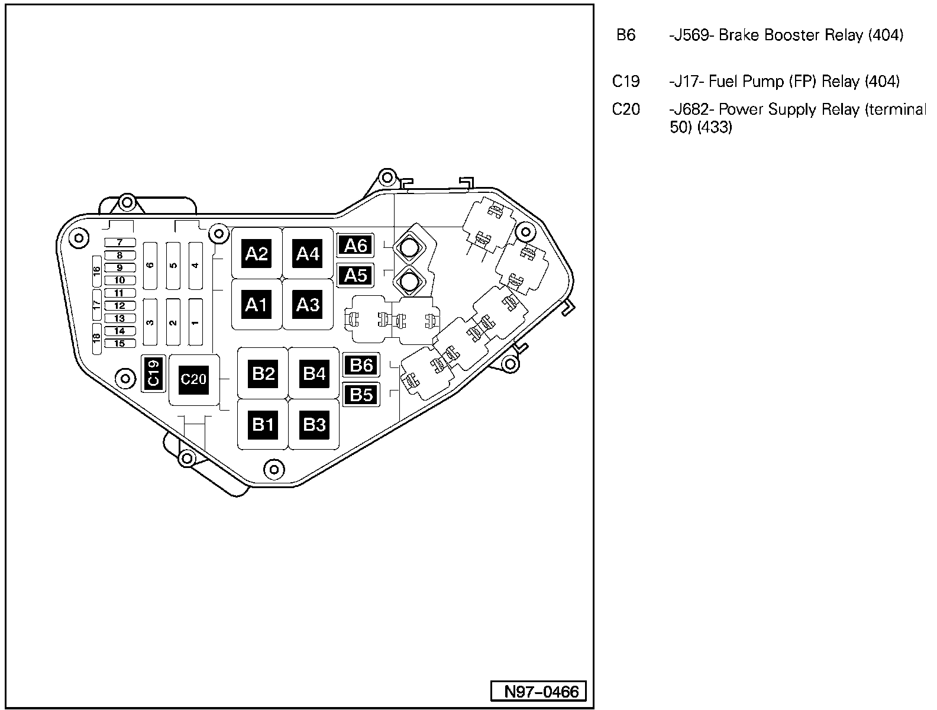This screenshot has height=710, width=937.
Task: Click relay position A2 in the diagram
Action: pyautogui.click(x=257, y=254)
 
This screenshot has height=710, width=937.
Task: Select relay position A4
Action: pyautogui.click(x=308, y=254)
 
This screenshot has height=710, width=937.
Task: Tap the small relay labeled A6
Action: pyautogui.click(x=356, y=245)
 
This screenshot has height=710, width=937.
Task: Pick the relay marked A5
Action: pyautogui.click(x=356, y=275)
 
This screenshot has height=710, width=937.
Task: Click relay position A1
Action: pyautogui.click(x=257, y=305)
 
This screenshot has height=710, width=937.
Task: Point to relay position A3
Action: pyautogui.click(x=308, y=305)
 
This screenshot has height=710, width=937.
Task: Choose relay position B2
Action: pyautogui.click(x=263, y=373)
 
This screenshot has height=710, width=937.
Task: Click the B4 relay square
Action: pyautogui.click(x=314, y=373)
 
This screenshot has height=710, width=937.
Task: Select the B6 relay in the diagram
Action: pyautogui.click(x=361, y=365)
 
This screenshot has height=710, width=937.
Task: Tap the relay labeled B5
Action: pyautogui.click(x=361, y=394)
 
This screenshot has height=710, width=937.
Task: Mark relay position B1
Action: pyautogui.click(x=263, y=424)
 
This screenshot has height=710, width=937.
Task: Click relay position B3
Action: pyautogui.click(x=314, y=424)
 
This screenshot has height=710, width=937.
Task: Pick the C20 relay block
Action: pyautogui.click(x=193, y=379)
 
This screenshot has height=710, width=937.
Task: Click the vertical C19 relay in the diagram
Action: pyautogui.click(x=153, y=374)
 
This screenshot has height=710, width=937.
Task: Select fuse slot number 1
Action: pyautogui.click(x=195, y=322)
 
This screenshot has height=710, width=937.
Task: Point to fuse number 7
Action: pyautogui.click(x=119, y=243)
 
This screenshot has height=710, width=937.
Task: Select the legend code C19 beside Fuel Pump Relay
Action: pyautogui.click(x=626, y=81)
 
